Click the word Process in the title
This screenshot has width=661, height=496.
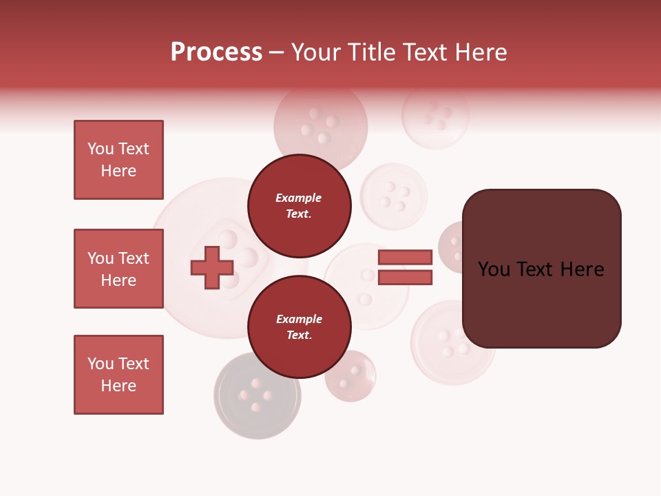point(216,52)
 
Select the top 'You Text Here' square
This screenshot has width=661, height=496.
point(118,160)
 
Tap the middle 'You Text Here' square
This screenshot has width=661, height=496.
point(118,269)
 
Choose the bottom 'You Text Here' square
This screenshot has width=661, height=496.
point(118,375)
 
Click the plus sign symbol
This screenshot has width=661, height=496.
point(211,268)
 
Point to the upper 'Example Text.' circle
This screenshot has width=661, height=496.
point(299,205)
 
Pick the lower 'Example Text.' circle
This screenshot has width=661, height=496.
point(299,327)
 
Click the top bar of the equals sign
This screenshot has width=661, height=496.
point(405,257)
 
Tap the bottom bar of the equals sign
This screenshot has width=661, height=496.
point(405,278)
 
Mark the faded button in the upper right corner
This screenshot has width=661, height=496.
point(435,115)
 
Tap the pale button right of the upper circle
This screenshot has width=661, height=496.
point(394,196)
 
